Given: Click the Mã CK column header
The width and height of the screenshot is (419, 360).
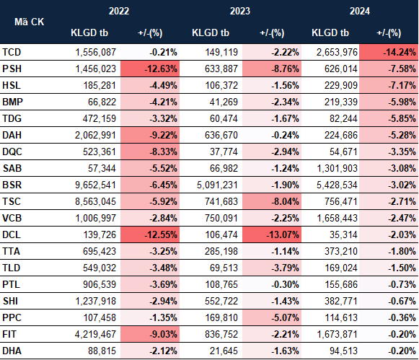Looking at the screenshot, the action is [29, 22].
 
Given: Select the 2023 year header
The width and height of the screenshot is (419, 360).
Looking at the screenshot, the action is [240, 11].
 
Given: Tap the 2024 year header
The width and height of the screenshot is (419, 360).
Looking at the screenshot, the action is [359, 11].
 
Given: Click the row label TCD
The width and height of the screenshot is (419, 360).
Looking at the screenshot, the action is [12, 52].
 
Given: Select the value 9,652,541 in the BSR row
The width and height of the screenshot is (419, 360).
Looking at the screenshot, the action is [95, 185].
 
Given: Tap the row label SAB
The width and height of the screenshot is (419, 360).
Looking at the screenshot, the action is [12, 168].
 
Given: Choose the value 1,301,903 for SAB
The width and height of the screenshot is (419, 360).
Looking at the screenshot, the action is [337, 168].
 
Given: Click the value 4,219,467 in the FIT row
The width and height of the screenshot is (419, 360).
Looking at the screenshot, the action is [95, 334].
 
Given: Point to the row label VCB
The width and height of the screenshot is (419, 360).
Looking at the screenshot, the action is [12, 218].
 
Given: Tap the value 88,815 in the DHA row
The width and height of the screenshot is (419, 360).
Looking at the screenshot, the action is [102, 351].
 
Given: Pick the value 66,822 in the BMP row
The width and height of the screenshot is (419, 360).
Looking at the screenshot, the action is [102, 102].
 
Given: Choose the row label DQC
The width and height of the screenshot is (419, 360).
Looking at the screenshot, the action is [12, 152].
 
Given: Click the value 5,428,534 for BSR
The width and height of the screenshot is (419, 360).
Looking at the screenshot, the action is [337, 185].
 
